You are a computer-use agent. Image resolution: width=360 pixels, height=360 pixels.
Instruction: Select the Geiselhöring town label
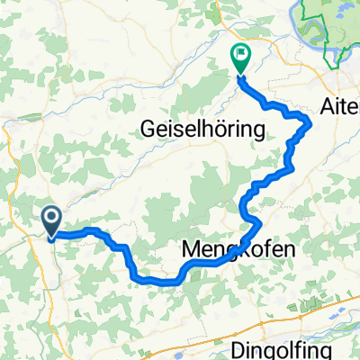202,130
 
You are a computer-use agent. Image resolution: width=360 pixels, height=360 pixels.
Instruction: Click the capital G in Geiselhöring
148,130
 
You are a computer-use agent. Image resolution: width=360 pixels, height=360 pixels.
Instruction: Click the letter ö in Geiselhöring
224,130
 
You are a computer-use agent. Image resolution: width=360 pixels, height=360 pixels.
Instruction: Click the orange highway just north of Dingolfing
270,322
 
